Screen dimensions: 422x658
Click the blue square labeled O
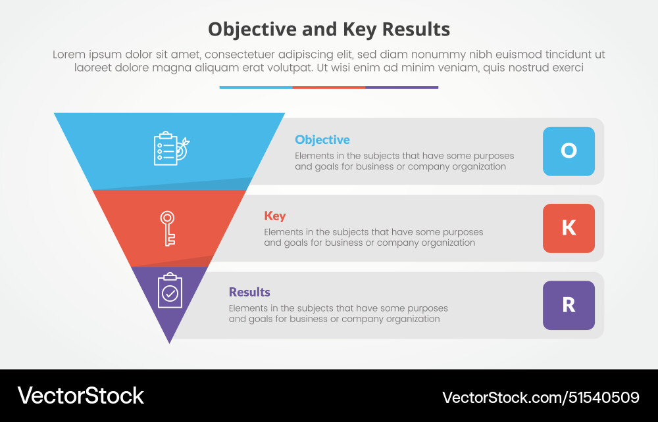click(x=569, y=151)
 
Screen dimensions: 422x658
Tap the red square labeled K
click(x=569, y=228)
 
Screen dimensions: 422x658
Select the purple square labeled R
click(x=569, y=305)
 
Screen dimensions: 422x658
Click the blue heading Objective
click(x=322, y=139)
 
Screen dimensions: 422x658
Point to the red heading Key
click(x=275, y=216)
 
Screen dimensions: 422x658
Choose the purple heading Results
click(x=249, y=292)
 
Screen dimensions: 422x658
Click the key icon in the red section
click(x=168, y=228)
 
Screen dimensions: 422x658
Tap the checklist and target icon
click(x=170, y=149)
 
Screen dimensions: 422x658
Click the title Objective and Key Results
click(x=329, y=30)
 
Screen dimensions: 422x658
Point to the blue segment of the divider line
click(x=256, y=87)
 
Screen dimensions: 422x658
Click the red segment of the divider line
click(x=329, y=87)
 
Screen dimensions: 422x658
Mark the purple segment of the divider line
click(x=401, y=87)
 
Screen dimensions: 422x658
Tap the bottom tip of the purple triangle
click(x=170, y=340)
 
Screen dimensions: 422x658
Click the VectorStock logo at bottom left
click(x=80, y=396)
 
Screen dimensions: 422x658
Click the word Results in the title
click(x=414, y=30)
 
